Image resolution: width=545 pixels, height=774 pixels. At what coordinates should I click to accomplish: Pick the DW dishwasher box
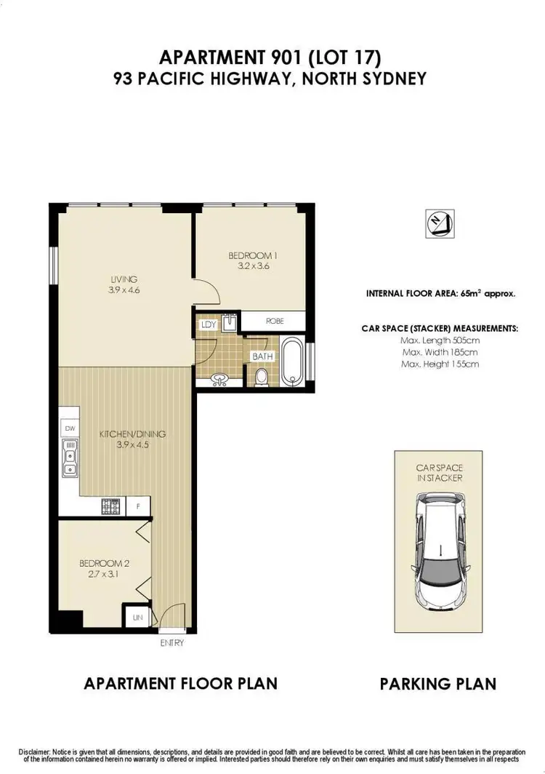pos(70,428)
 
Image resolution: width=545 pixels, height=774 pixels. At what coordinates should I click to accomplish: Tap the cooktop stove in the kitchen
pos(113,506)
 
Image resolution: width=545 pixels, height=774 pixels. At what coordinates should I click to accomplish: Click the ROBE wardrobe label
pos(275,320)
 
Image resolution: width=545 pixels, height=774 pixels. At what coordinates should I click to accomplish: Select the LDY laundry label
pos(207,325)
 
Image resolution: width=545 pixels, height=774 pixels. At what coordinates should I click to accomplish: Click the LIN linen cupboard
pos(137,618)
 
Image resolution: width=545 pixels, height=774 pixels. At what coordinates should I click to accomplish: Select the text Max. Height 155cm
pos(440,364)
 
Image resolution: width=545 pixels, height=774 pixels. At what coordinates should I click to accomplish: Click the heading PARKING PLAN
pos(438,683)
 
